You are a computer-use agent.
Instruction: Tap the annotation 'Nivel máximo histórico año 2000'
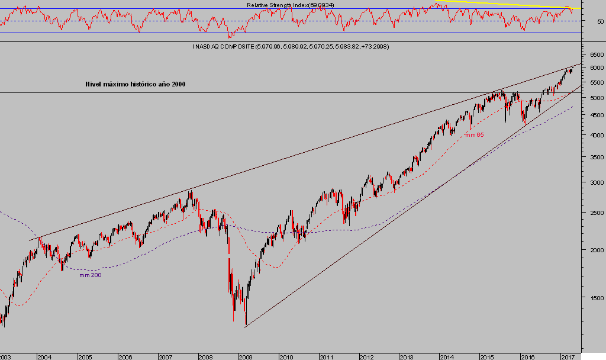[x=136, y=85]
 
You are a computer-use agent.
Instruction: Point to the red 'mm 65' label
[x=473, y=136]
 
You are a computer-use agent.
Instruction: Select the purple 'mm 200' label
[x=89, y=275]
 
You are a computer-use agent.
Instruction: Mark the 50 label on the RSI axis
[x=600, y=21]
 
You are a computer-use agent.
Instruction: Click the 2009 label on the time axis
[x=246, y=357]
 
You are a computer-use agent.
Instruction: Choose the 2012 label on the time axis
[x=366, y=357]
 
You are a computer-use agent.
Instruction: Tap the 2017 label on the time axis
[x=568, y=357]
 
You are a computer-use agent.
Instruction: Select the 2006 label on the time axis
[x=125, y=357]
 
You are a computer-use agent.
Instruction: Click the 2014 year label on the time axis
[x=447, y=357]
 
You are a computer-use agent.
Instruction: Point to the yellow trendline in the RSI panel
[x=509, y=4]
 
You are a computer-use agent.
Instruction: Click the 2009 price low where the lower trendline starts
[x=245, y=325]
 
